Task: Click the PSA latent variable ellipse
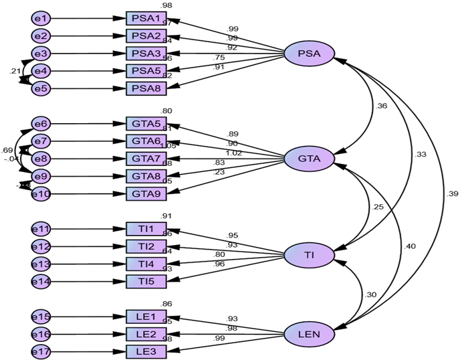(308, 54)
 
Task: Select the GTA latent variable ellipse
(308, 159)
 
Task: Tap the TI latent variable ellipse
(308, 256)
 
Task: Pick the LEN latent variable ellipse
(308, 333)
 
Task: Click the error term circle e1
(41, 19)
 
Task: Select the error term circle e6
(41, 124)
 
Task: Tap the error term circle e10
(41, 194)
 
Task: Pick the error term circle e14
(41, 282)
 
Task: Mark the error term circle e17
(41, 351)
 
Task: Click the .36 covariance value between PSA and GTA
(382, 106)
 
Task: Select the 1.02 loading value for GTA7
(233, 153)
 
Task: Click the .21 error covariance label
(13, 71)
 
